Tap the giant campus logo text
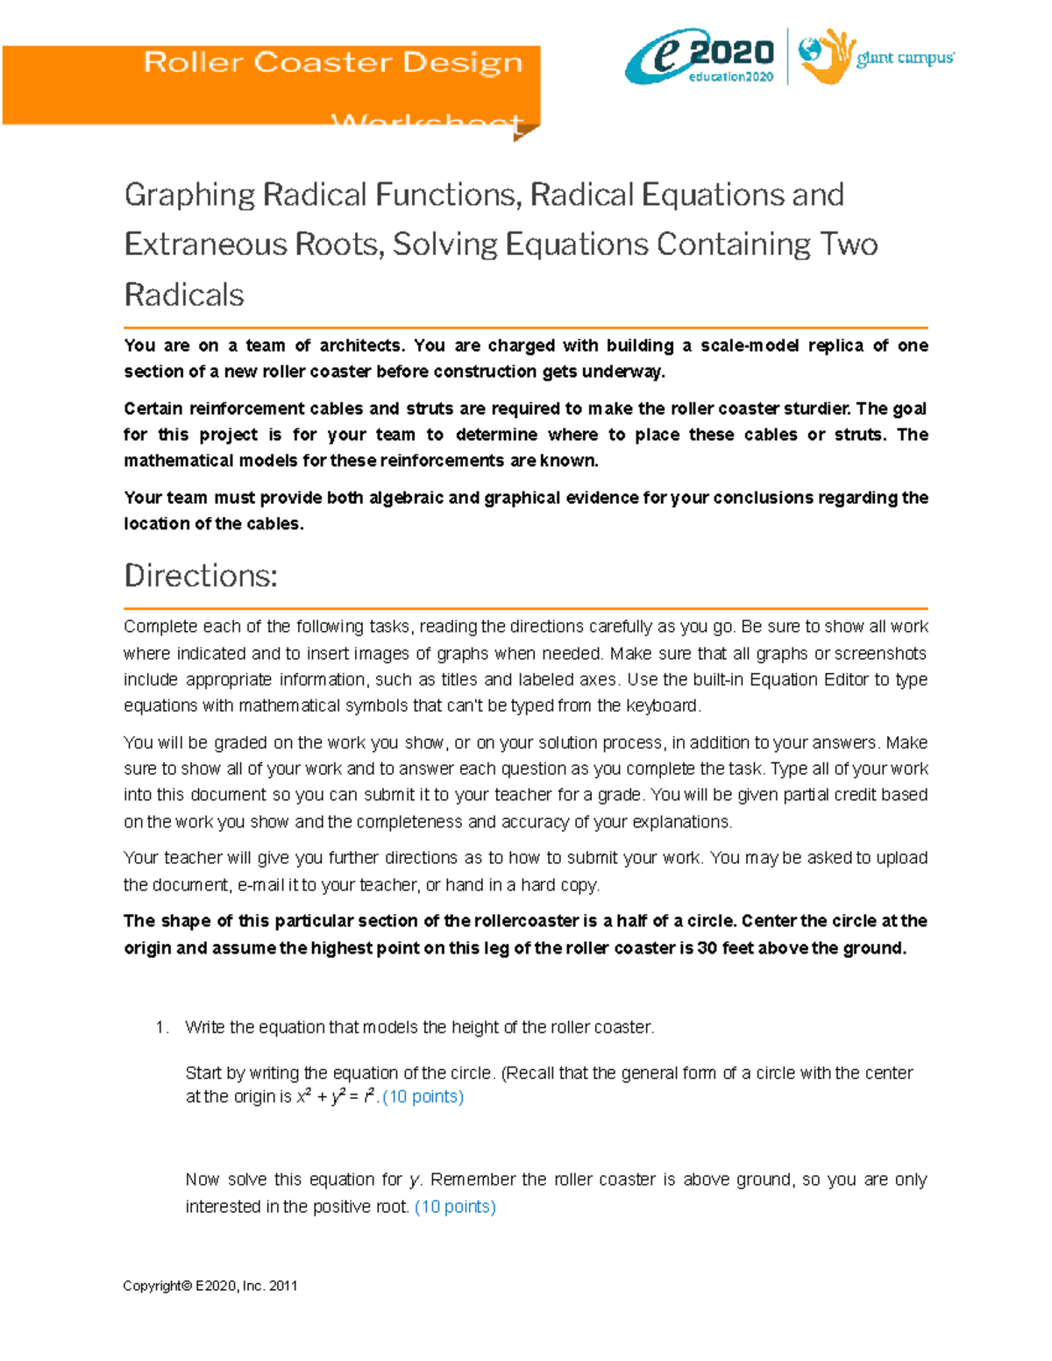(905, 59)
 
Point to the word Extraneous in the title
(207, 245)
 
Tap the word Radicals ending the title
(184, 295)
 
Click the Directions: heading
(201, 576)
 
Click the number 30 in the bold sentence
(707, 948)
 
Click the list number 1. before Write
(161, 1028)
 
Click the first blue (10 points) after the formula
(423, 1096)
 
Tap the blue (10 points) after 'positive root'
(455, 1207)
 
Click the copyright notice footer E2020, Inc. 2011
(210, 1286)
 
